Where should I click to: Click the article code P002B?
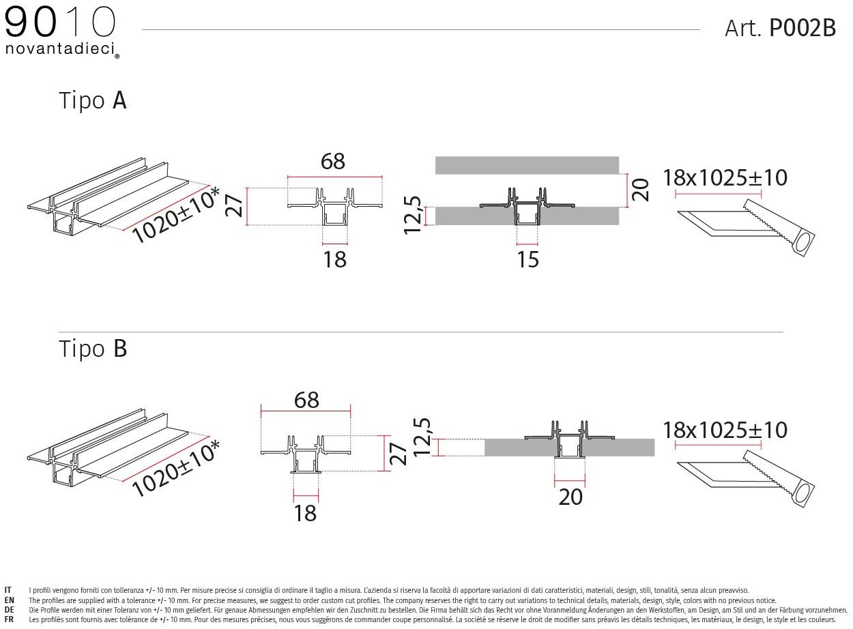(x=803, y=28)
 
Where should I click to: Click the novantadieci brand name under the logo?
(x=60, y=48)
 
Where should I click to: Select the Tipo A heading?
(x=93, y=101)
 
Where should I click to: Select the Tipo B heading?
(x=93, y=349)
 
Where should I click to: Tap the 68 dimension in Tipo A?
(x=333, y=162)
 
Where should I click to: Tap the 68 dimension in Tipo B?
(x=306, y=400)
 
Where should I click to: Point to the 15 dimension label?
(x=527, y=260)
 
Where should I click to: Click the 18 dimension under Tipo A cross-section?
(x=335, y=260)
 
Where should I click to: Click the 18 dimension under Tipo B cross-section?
(x=306, y=513)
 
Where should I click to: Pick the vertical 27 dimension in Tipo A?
(x=234, y=205)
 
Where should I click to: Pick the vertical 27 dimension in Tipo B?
(x=399, y=454)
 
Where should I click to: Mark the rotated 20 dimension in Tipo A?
(x=640, y=190)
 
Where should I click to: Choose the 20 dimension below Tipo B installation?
(x=570, y=497)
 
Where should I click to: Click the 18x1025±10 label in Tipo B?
(x=725, y=430)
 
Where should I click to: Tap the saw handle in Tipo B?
(x=802, y=495)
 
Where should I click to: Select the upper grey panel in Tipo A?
(x=527, y=165)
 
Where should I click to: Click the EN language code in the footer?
(x=9, y=600)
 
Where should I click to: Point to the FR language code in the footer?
(x=9, y=619)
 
